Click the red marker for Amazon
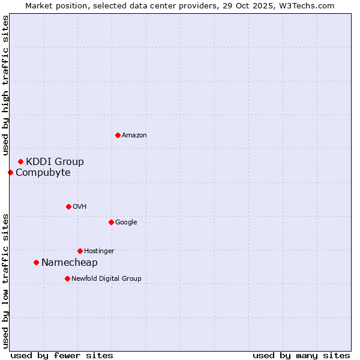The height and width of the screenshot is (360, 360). tap(118, 135)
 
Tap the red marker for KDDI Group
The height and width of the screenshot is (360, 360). tap(20, 161)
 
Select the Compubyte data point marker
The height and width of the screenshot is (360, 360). tap(10, 172)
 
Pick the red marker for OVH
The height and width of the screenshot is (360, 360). tap(68, 206)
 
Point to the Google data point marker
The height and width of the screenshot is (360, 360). tap(111, 222)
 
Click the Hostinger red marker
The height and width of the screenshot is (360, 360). tap(80, 251)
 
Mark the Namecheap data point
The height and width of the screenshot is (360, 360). tap(36, 262)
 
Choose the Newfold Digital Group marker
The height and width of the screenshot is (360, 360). tap(67, 278)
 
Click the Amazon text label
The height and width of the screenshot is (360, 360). tap(134, 136)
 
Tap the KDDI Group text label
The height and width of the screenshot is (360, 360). tap(55, 161)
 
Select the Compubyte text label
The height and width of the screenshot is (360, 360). tap(43, 173)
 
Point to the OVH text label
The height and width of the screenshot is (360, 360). tap(80, 207)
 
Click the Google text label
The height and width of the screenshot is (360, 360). tap(126, 223)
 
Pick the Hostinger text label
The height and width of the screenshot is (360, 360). tap(99, 251)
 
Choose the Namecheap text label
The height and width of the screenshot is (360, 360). tap(70, 263)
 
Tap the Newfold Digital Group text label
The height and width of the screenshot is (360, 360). tap(106, 279)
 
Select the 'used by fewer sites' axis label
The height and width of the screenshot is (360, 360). tap(62, 355)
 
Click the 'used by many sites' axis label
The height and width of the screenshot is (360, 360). tap(301, 355)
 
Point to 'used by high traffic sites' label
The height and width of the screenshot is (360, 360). tap(6, 86)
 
